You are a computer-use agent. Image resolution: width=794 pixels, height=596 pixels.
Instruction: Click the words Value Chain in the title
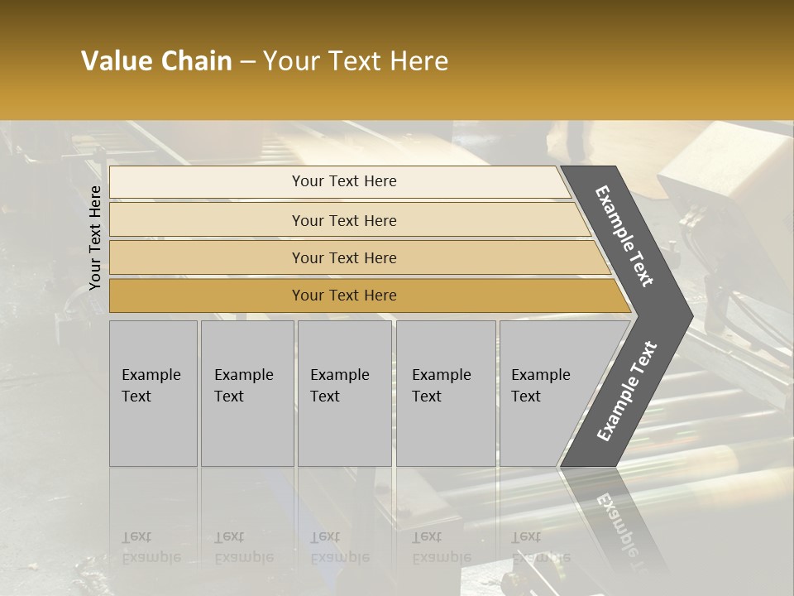click(x=156, y=61)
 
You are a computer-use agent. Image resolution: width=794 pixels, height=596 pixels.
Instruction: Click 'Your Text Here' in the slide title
click(x=356, y=61)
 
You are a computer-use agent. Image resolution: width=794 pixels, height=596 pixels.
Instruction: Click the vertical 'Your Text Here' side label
click(x=95, y=238)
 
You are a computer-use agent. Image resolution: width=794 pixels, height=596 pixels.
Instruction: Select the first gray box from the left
click(x=153, y=393)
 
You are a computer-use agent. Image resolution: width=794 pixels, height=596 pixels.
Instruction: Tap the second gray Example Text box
click(x=246, y=393)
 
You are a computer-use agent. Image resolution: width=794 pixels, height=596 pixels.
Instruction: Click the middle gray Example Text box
click(x=344, y=393)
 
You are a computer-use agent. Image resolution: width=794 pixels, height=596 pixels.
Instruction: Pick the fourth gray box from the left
click(x=445, y=393)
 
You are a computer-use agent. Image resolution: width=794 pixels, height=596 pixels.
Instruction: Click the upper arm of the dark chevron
click(x=625, y=236)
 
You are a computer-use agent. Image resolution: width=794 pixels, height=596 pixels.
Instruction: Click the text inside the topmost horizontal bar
click(x=344, y=181)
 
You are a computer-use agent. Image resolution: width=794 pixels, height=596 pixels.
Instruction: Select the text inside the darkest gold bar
click(x=344, y=296)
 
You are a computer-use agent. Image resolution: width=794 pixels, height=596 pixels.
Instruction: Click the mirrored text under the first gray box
click(x=151, y=547)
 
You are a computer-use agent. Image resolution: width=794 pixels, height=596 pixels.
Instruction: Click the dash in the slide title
click(x=247, y=62)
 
